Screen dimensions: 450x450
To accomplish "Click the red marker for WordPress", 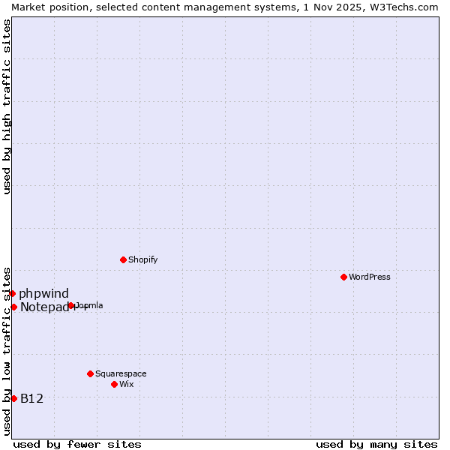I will tap(343, 277).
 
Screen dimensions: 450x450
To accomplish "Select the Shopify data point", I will tap(123, 259).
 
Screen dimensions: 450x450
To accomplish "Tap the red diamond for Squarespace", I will tap(90, 373).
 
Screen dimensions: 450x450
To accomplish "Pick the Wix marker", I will tap(114, 384).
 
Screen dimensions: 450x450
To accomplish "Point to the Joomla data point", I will tap(71, 305).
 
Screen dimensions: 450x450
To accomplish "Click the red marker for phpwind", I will tap(13, 293).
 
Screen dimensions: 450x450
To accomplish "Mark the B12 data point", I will tap(13, 398).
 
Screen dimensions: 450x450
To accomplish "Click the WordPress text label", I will tap(370, 277).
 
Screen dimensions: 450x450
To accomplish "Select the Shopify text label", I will tap(143, 259).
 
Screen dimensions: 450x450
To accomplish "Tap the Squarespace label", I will tap(121, 373).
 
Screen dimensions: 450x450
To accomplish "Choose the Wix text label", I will tap(127, 384).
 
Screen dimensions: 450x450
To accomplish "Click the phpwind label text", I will tap(43, 293).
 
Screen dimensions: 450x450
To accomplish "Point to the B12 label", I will tap(31, 398).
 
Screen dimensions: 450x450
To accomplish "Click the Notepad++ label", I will tap(43, 307).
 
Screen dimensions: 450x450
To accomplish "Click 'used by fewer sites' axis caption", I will tap(77, 444).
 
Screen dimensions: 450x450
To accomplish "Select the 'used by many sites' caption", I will tap(376, 444).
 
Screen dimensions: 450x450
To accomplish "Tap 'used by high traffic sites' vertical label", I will tap(7, 106).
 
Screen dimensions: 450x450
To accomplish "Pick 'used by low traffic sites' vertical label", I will tap(7, 351).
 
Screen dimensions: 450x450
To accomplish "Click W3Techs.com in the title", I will tap(403, 7).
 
